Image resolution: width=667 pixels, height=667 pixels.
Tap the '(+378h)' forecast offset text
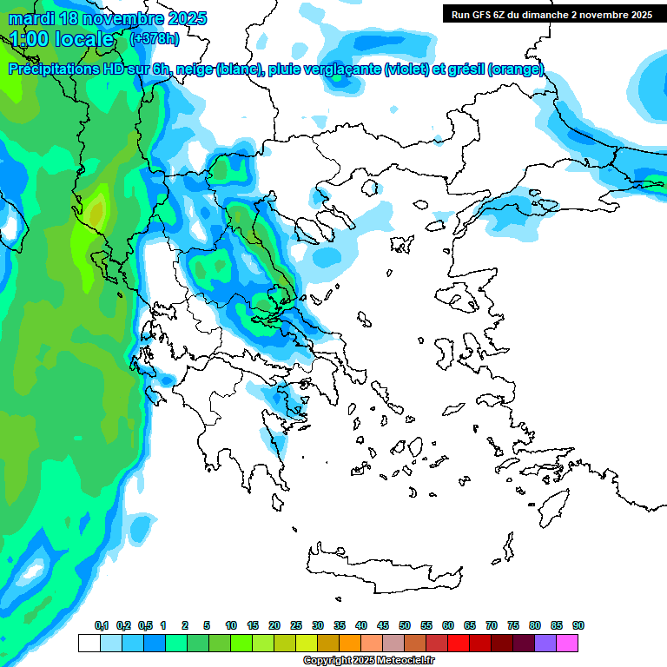155,38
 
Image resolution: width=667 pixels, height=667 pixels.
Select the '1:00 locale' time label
62,39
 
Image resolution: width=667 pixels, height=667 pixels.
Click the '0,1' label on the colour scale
102,625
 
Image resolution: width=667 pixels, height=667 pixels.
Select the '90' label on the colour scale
578,625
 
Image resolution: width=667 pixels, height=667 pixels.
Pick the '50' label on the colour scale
405,625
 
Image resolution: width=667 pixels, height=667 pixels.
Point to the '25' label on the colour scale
296,625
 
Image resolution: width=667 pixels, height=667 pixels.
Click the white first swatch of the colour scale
89,643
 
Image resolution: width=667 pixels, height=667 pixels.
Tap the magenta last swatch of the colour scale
567,643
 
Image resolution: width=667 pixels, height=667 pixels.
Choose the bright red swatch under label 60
459,643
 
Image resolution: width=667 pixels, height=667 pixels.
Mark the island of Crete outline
382,568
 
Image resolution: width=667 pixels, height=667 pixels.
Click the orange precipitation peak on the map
96,209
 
